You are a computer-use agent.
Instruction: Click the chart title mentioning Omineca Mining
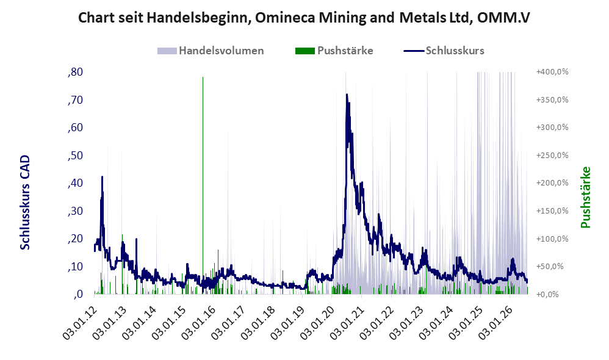click(304, 18)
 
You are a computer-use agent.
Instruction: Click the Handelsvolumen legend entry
click(211, 51)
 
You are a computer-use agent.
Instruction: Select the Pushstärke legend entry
click(334, 51)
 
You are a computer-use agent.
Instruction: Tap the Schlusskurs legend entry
click(444, 51)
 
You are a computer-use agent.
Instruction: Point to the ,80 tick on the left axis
click(75, 72)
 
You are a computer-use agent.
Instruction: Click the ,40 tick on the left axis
click(75, 183)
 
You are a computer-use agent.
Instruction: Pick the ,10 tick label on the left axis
click(75, 267)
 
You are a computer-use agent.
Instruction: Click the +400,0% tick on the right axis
click(552, 72)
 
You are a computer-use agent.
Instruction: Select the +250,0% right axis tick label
click(552, 156)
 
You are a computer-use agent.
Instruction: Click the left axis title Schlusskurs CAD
click(25, 203)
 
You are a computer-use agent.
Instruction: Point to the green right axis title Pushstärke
click(585, 197)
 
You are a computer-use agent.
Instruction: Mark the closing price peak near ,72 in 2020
click(347, 95)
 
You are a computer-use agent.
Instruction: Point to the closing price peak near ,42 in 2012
click(102, 177)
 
